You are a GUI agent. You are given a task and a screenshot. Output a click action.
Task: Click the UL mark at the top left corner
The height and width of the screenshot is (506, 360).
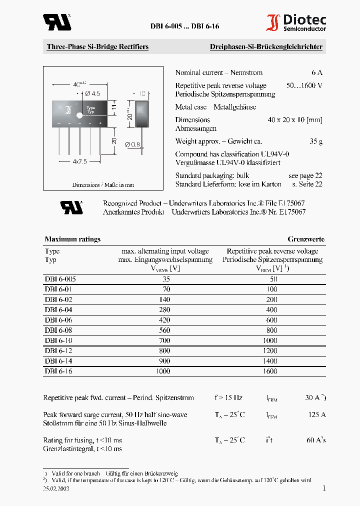[56, 22]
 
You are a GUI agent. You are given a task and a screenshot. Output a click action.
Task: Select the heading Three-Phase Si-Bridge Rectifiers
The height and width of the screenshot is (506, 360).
[97, 47]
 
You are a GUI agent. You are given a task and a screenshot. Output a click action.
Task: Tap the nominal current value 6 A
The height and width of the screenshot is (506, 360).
[316, 72]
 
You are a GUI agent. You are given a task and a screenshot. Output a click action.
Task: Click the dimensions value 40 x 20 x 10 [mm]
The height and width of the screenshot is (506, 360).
[294, 120]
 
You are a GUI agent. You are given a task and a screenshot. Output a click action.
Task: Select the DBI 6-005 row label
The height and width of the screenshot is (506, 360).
[60, 279]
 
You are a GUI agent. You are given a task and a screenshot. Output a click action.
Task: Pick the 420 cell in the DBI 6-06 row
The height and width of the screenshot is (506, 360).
[165, 320]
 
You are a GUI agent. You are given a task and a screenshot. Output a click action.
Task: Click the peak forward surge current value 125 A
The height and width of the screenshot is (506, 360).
[315, 414]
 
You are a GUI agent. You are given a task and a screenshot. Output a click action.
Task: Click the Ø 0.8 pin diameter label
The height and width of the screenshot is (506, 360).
[132, 145]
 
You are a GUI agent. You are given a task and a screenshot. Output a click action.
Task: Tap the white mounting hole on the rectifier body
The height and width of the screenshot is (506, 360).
[79, 115]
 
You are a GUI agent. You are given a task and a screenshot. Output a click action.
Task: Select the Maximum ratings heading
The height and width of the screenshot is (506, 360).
[72, 239]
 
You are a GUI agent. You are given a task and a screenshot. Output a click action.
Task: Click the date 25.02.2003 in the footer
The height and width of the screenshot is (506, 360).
[56, 489]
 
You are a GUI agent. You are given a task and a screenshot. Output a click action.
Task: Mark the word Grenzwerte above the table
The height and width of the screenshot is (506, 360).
[305, 239]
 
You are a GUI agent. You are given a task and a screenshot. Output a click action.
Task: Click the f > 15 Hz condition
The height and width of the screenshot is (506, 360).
[228, 398]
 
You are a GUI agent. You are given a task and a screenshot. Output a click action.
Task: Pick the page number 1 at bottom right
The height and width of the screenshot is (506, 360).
[323, 488]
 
